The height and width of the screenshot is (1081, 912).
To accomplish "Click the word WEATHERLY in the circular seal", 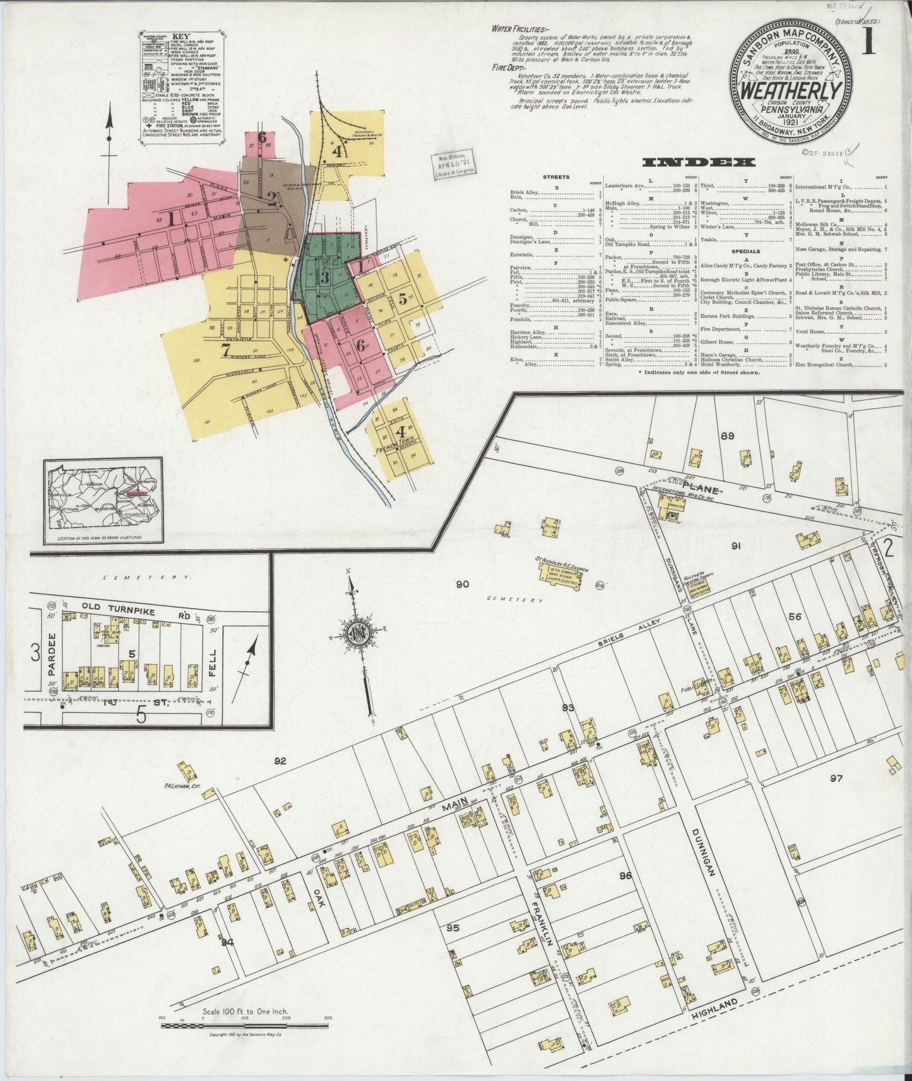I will pyautogui.click(x=792, y=92).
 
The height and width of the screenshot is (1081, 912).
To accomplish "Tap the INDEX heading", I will pyautogui.click(x=699, y=163).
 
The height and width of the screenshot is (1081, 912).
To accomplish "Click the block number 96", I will pyautogui.click(x=625, y=875).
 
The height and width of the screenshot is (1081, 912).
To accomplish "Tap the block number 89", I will pyautogui.click(x=727, y=436).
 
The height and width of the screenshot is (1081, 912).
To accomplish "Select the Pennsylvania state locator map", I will pyautogui.click(x=104, y=501).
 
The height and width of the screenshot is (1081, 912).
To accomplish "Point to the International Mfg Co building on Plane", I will pyautogui.click(x=670, y=505).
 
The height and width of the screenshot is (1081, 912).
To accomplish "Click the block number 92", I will pyautogui.click(x=280, y=761).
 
